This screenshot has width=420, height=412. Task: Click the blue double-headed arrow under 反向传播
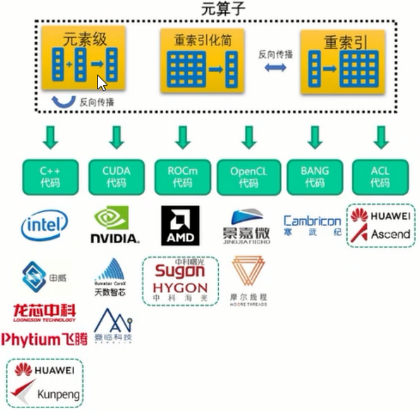pos(275,68)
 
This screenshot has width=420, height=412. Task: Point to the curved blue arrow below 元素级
pos(63,102)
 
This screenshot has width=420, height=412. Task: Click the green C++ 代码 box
pos(50,177)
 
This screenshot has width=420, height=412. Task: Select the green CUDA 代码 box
pos(116,177)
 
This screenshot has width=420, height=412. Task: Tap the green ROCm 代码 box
pos(183,177)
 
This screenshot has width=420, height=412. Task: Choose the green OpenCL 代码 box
pos(248,177)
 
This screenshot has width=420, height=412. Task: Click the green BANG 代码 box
pos(315,177)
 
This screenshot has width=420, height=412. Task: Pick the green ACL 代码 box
pos(380,177)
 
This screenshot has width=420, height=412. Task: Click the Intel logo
pos(45,225)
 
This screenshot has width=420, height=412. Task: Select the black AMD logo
pos(180,225)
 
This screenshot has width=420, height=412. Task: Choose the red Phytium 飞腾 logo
pos(44,339)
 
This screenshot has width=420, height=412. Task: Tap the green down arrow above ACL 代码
pos(380,137)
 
